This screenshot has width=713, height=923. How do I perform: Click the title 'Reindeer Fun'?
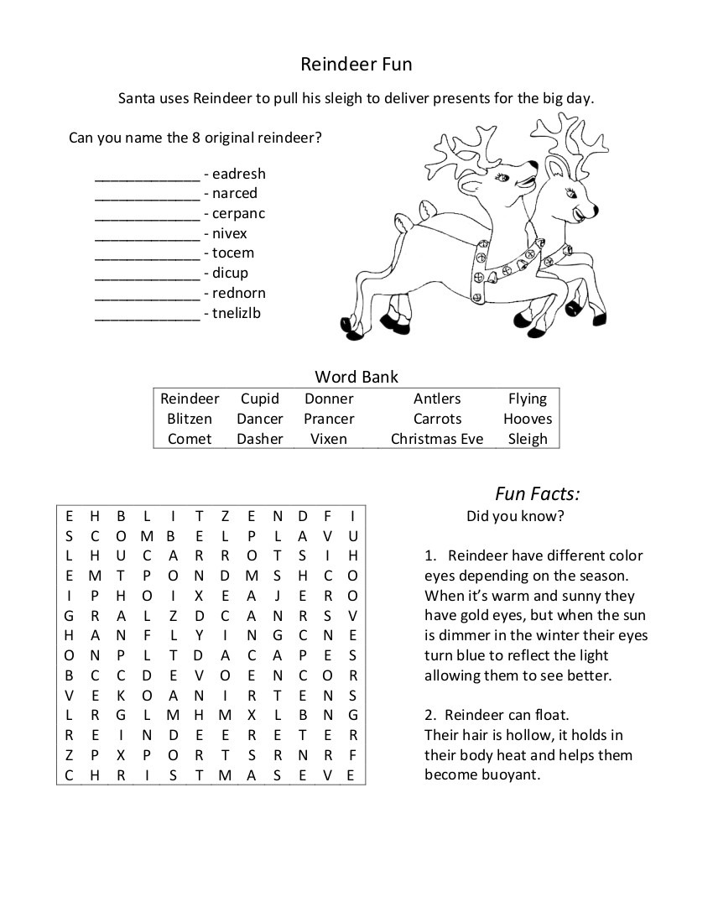(356, 65)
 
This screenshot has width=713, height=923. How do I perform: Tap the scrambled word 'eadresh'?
(238, 174)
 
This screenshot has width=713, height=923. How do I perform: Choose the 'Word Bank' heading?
(356, 377)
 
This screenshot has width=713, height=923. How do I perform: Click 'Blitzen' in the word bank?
(190, 419)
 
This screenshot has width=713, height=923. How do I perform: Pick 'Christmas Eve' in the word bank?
(437, 439)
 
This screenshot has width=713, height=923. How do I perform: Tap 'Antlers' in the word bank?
(437, 399)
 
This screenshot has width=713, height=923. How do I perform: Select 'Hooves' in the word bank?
(528, 419)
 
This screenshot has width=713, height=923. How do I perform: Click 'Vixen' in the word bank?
(329, 439)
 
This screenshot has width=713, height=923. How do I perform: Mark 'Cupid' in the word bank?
(260, 399)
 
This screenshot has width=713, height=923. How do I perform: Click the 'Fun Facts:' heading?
(538, 493)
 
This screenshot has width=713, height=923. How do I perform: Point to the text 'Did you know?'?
(515, 516)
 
